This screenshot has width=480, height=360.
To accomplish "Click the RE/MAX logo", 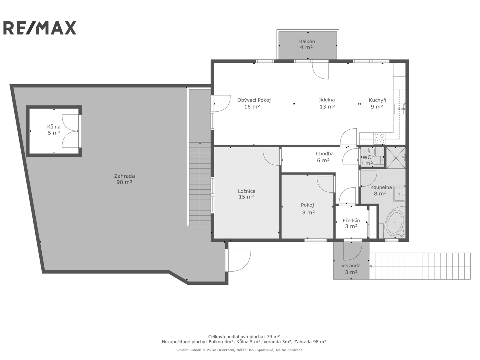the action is (40, 28).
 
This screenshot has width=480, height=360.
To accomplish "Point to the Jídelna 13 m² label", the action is (327, 103).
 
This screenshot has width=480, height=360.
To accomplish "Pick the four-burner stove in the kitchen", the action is (379, 139).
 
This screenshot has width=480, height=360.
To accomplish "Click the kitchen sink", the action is (399, 109).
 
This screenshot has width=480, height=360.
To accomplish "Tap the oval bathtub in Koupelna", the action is (394, 223).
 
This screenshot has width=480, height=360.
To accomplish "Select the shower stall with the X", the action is (396, 158).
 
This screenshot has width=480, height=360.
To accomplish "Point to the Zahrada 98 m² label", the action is (124, 179).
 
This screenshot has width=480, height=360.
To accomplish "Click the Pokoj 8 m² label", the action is (308, 209).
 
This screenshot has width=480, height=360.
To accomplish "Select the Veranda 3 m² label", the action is (351, 269).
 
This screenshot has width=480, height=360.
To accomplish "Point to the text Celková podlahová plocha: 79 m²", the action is (244, 336).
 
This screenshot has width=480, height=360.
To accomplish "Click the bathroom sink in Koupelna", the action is (400, 194).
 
